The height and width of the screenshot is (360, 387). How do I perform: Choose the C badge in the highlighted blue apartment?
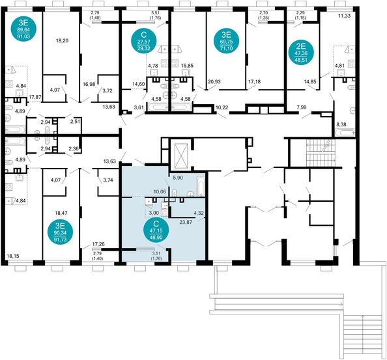click(156, 232)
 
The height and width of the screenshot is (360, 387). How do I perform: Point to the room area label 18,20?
click(63, 40)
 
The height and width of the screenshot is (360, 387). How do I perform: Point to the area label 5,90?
click(178, 178)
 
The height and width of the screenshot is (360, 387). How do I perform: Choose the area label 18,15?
click(14, 257)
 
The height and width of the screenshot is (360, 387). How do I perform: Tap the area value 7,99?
click(302, 106)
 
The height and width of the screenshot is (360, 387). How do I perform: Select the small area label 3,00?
click(154, 213)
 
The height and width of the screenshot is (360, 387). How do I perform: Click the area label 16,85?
click(187, 66)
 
